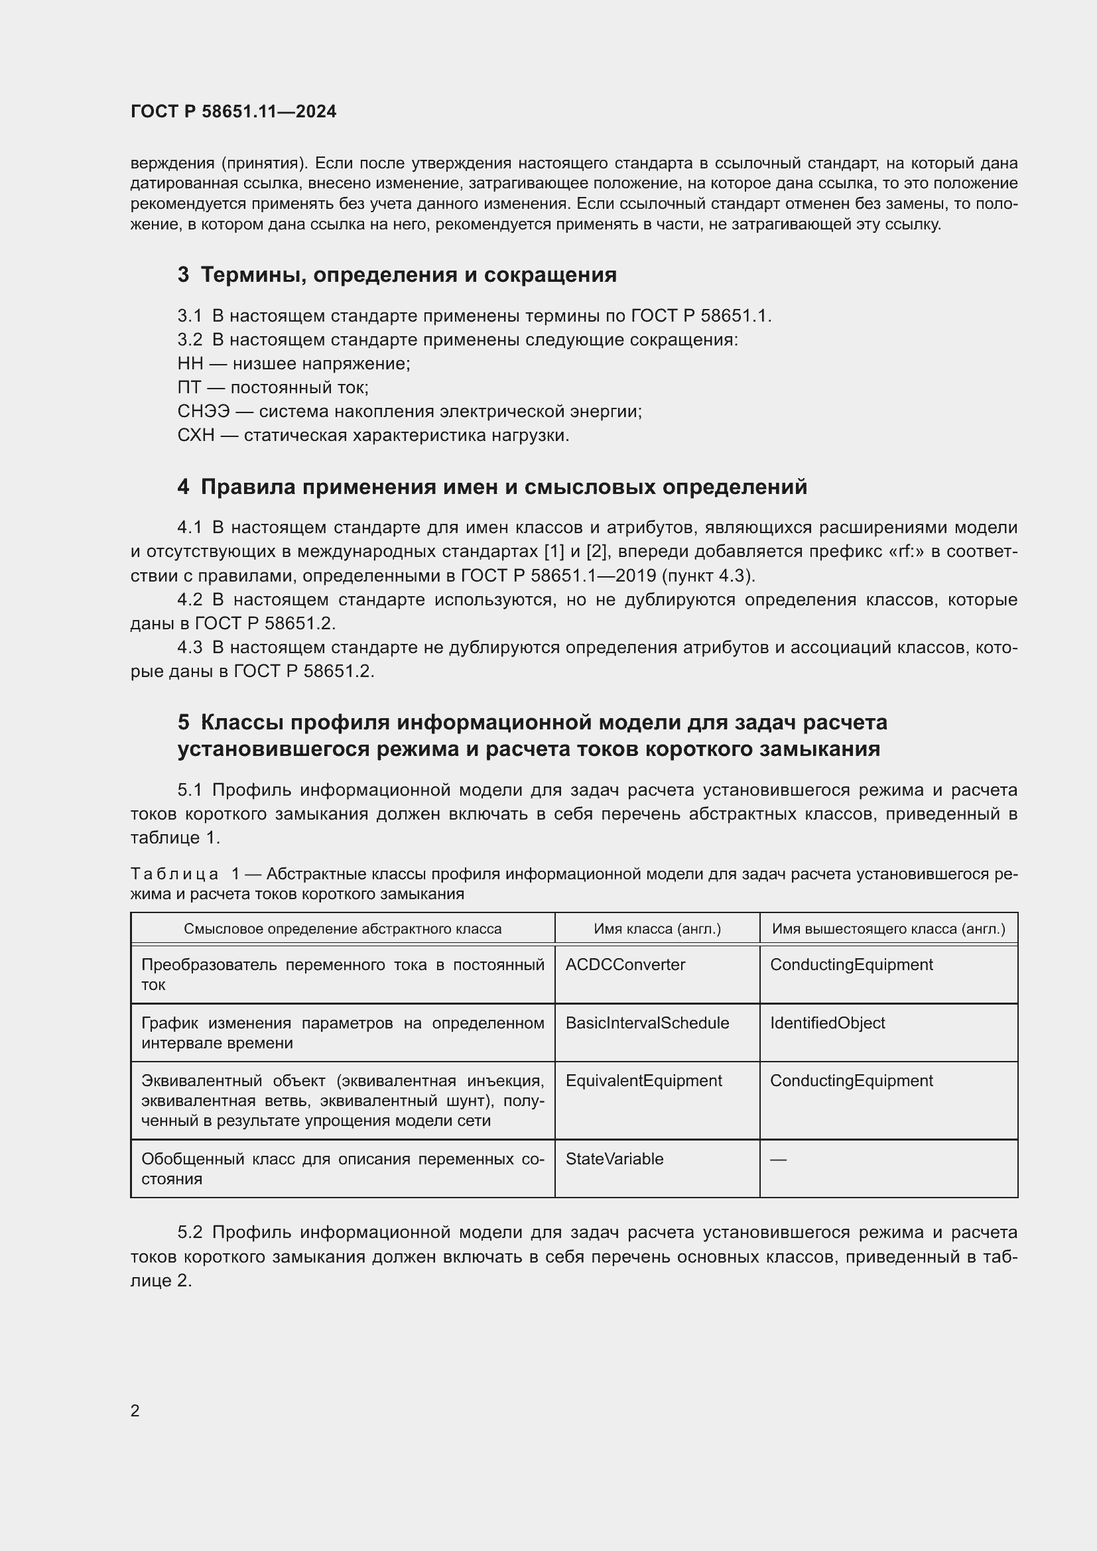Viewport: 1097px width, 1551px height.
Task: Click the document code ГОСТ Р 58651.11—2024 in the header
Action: coord(233,111)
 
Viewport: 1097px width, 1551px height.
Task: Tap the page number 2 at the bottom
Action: coord(135,1410)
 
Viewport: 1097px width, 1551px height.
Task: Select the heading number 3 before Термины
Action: coord(183,275)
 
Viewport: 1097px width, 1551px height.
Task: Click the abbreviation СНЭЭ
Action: coord(204,411)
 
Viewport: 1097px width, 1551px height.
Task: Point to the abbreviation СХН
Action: coord(196,436)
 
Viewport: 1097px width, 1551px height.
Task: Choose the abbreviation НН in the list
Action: coord(190,364)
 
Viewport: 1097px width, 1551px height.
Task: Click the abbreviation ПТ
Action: coord(189,388)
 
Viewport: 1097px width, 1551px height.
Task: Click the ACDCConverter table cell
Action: coord(625,965)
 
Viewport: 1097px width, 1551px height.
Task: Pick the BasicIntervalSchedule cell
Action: coord(647,1023)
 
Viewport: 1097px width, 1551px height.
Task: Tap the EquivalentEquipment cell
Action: coord(643,1081)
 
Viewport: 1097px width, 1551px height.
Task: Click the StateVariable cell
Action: coord(614,1159)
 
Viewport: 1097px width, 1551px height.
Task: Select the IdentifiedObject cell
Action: coord(827,1023)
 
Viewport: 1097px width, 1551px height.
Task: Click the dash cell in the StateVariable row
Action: coord(778,1160)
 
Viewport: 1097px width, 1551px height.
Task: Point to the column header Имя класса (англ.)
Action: coord(657,929)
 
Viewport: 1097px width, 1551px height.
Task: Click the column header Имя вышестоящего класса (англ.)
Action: coord(888,929)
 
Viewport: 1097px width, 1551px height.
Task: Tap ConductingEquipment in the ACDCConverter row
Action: coord(851,965)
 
